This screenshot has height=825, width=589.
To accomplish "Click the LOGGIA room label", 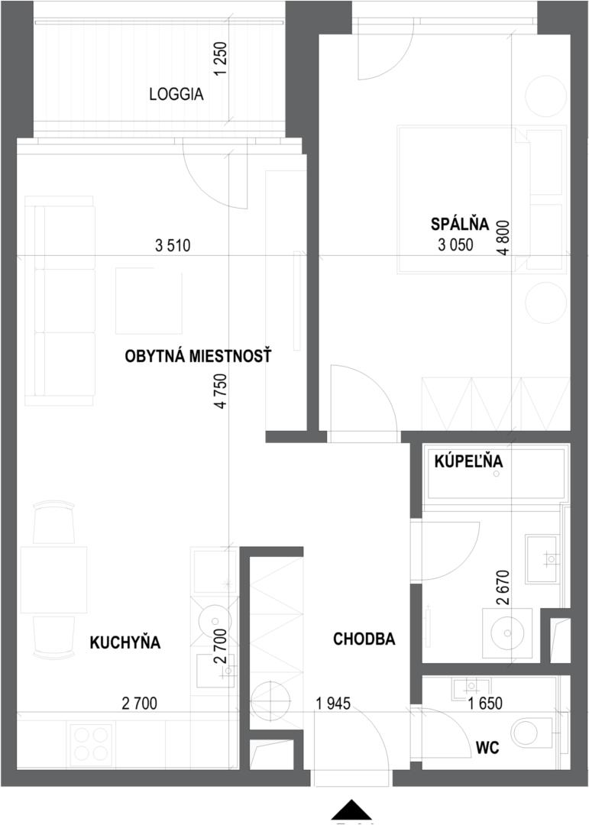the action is [x=176, y=95].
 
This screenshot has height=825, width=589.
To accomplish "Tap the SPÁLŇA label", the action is [x=460, y=225].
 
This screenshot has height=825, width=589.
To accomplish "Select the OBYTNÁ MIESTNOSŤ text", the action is [x=198, y=356].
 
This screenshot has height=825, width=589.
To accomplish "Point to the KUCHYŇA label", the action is [x=125, y=642].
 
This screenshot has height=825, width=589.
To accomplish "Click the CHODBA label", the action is [x=364, y=639].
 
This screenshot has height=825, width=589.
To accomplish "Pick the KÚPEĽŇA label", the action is [x=468, y=461].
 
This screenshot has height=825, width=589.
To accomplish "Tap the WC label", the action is [x=487, y=747].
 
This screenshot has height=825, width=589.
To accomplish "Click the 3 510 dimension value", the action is [x=173, y=245].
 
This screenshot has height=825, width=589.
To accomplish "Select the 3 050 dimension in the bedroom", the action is [x=456, y=244].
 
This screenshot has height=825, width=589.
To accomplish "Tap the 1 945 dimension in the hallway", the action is [x=332, y=703].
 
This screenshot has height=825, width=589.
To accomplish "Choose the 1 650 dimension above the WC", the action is [x=485, y=703].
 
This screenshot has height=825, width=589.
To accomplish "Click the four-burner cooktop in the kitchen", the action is [x=92, y=743].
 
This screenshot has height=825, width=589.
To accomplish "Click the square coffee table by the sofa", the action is [x=149, y=301].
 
